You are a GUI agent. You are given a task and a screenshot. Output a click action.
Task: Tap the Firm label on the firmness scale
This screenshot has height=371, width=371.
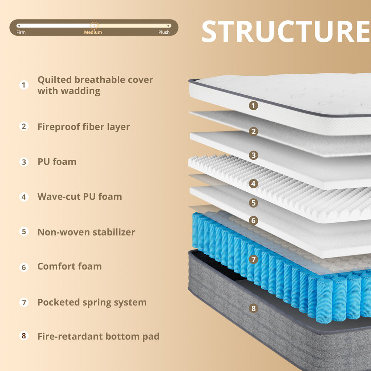pyautogui.click(x=21, y=32)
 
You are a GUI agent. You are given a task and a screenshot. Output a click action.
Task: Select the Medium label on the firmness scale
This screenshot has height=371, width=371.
pyautogui.click(x=93, y=32)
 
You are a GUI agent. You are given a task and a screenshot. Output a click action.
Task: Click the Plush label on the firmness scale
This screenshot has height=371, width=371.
pyautogui.click(x=164, y=32)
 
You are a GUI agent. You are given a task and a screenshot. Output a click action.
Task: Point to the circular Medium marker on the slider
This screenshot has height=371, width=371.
pyautogui.click(x=94, y=25)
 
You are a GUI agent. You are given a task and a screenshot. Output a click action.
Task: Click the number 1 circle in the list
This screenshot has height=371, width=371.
pyautogui.click(x=24, y=85)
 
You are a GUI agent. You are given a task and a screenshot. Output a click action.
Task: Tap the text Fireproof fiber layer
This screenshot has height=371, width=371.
pyautogui.click(x=84, y=127)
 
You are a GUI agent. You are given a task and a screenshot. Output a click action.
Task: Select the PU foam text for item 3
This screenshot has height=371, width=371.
pyautogui.click(x=57, y=162)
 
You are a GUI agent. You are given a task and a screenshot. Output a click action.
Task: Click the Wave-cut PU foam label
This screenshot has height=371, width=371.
pyautogui.click(x=80, y=197)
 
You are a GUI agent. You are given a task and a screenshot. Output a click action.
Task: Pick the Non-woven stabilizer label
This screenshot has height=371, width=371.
pyautogui.click(x=86, y=232)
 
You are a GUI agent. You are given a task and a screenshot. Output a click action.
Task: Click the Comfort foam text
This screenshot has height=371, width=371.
pyautogui.click(x=70, y=266)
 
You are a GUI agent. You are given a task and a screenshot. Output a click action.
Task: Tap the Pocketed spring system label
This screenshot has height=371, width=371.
pyautogui.click(x=92, y=303)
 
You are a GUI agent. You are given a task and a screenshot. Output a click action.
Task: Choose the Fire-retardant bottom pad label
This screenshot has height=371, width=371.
pyautogui.click(x=99, y=337)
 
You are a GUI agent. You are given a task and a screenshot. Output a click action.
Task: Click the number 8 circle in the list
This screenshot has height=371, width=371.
pyautogui.click(x=24, y=335)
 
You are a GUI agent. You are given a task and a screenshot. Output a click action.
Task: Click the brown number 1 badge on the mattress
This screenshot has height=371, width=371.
pyautogui.click(x=253, y=105)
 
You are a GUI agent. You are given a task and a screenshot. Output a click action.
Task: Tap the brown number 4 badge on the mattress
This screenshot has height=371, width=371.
pyautogui.click(x=253, y=184)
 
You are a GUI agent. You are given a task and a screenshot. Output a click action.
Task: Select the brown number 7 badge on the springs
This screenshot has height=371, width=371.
pyautogui.click(x=253, y=259)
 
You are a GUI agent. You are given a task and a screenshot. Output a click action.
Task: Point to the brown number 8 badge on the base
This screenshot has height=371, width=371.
pyautogui.click(x=253, y=308)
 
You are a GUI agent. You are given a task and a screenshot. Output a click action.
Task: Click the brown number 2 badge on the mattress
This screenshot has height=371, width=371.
pyautogui.click(x=253, y=131)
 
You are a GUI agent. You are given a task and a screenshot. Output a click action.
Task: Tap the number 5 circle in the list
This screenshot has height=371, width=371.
pyautogui.click(x=24, y=232)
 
